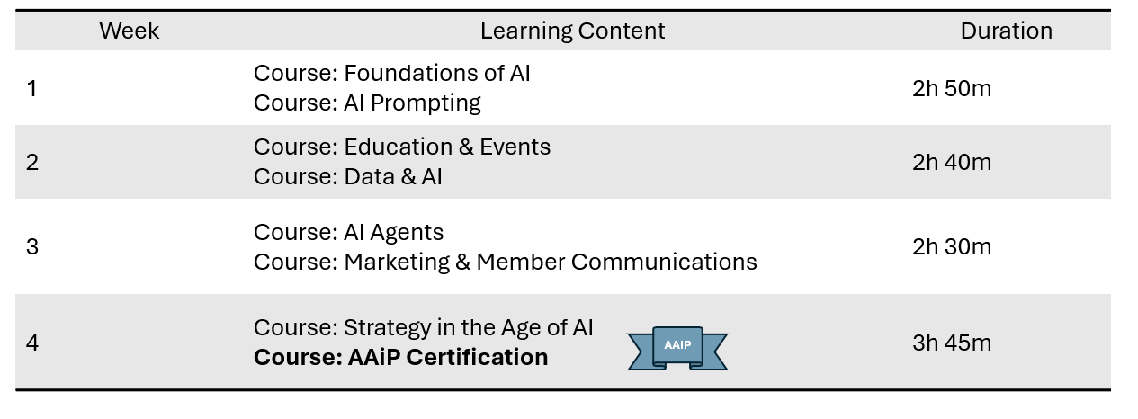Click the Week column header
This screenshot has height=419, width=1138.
tap(129, 31)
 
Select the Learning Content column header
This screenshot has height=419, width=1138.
tap(572, 31)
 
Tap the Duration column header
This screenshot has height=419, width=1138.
tap(1007, 31)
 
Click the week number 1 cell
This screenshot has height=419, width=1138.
tap(32, 88)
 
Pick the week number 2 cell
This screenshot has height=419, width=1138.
tap(32, 163)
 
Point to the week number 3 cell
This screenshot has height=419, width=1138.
tap(32, 247)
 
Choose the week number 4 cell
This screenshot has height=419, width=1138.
tap(32, 343)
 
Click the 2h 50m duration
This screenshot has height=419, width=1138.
tap(952, 88)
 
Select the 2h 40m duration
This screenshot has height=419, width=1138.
tap(952, 163)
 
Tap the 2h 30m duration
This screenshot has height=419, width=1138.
tap(952, 247)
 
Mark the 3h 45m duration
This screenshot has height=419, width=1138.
tap(952, 343)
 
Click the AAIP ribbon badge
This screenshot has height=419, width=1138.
tap(677, 348)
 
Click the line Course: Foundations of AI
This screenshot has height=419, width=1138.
tap(391, 73)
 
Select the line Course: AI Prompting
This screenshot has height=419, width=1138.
tap(367, 103)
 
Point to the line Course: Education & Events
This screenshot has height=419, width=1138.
tap(402, 147)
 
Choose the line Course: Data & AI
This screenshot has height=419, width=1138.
tap(348, 177)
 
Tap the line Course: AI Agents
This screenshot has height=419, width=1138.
tap(348, 233)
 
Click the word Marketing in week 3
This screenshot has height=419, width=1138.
tap(397, 263)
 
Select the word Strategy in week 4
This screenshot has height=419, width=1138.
tap(387, 328)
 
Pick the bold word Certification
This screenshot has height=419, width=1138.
tap(477, 358)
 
